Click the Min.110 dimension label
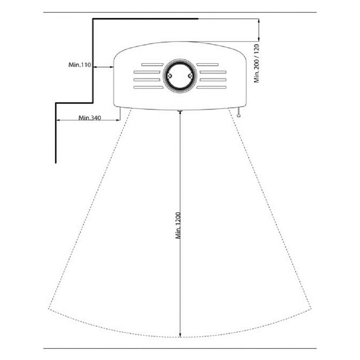pos(80,65)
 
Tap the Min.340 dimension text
pos(90,118)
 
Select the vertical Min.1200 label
pos(178,226)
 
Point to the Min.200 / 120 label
pos(257,64)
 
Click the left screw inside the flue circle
pos(170,76)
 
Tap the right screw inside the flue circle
pos(190,76)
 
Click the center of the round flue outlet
pos(180,76)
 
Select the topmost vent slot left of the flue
pos(153,65)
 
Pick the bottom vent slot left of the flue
pos(148,87)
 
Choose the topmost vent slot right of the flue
pos(207,65)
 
